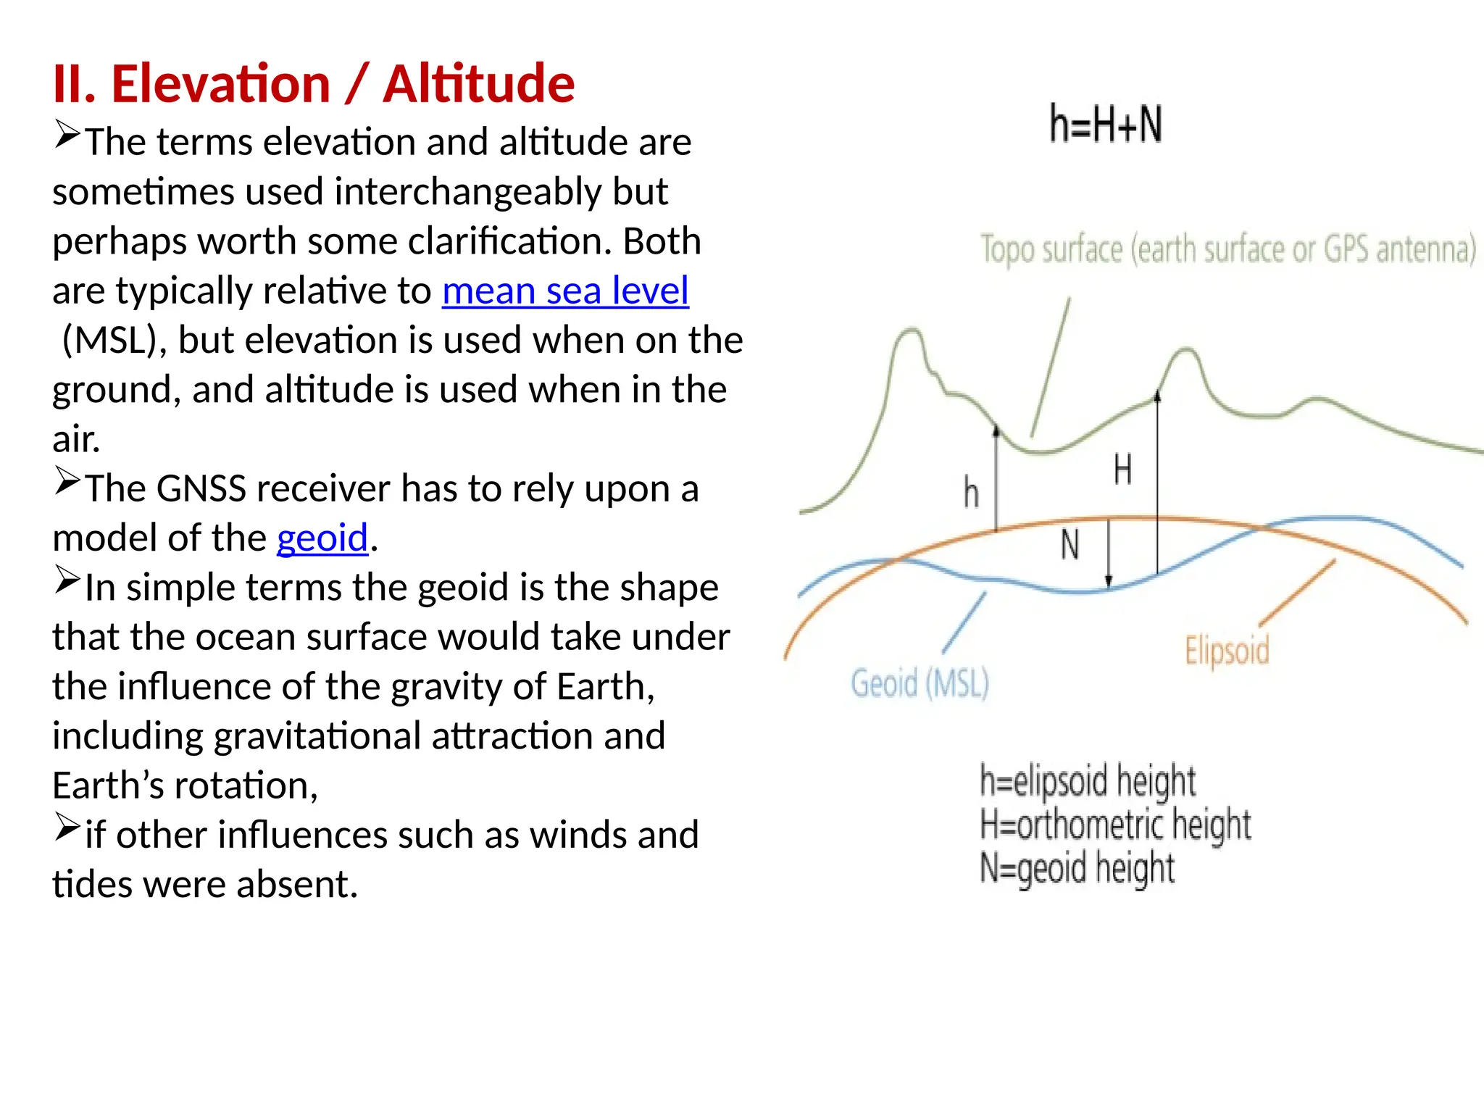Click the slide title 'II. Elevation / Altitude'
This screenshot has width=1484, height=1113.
point(313,84)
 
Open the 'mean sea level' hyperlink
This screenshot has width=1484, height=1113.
point(565,291)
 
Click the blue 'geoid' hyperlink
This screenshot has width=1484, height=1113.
point(322,538)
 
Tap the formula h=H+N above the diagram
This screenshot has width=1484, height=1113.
point(1106,124)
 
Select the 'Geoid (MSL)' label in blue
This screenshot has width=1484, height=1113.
point(920,683)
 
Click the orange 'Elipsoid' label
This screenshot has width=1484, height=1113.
point(1227,650)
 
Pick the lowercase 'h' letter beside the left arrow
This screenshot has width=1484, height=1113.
point(971,493)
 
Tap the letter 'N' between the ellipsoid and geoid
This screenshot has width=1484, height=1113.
point(1070,545)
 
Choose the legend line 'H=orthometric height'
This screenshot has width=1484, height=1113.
point(1115,825)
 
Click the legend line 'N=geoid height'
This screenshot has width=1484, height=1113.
point(1077,868)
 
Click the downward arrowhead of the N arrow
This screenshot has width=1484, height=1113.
point(1108,581)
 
